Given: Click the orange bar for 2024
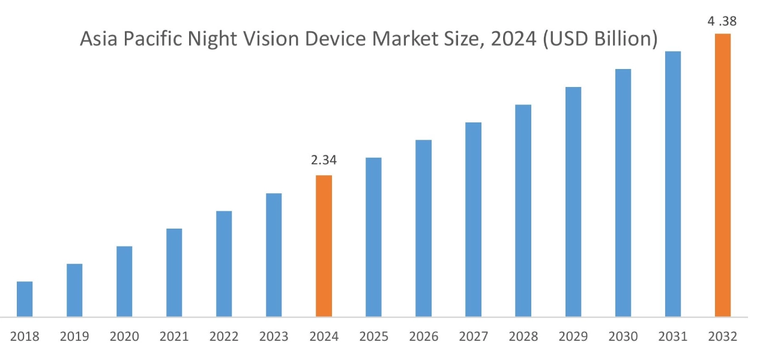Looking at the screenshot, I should (324, 246).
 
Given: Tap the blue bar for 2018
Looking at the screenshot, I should (25, 299).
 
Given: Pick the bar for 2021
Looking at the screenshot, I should (174, 272).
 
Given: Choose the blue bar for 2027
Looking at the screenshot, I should (473, 220).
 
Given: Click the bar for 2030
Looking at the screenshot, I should (623, 193).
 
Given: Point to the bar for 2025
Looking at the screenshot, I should (373, 237).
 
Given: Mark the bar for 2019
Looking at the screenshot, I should (74, 290).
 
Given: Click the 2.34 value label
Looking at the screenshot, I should (324, 160).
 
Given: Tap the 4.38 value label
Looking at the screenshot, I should (722, 22).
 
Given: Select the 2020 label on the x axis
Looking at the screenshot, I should (124, 337).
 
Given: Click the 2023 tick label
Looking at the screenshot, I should (274, 337).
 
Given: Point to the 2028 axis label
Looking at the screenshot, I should (523, 337).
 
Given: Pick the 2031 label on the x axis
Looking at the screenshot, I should (672, 337).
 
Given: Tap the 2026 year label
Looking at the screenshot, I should (423, 337).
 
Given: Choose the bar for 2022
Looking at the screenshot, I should (224, 263).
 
